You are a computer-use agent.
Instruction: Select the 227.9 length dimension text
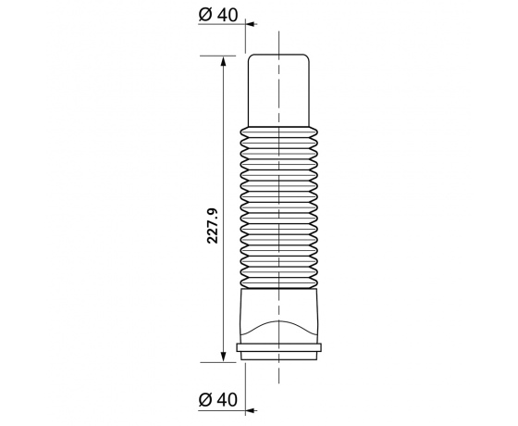(x=213, y=226)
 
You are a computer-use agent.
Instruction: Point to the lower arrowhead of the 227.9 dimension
(x=224, y=355)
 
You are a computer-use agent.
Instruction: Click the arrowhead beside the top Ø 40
(x=252, y=26)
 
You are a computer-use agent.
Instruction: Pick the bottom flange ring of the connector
(x=278, y=349)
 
